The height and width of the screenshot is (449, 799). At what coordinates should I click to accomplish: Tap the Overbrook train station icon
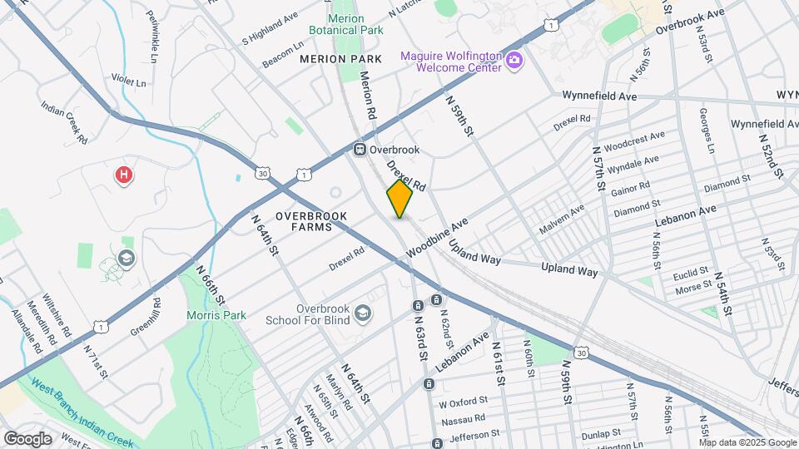(x=360, y=150)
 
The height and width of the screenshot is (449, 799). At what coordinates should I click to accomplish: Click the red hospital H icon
(x=123, y=175)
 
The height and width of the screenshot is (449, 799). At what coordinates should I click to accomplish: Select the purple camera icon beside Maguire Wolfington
(x=514, y=61)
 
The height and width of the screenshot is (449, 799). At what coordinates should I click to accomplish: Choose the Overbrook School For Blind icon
(x=362, y=313)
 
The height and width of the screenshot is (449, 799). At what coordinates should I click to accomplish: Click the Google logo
(x=27, y=438)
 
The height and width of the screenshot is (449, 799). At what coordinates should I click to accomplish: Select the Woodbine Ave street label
(x=437, y=239)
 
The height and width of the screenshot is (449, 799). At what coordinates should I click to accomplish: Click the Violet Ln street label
(x=129, y=82)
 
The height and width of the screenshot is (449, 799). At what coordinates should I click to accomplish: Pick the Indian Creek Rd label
(x=64, y=122)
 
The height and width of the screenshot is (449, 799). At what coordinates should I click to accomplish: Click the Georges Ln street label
(x=707, y=132)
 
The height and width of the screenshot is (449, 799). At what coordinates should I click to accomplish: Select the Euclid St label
(x=692, y=271)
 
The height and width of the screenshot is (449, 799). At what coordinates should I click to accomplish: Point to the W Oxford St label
(x=461, y=403)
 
